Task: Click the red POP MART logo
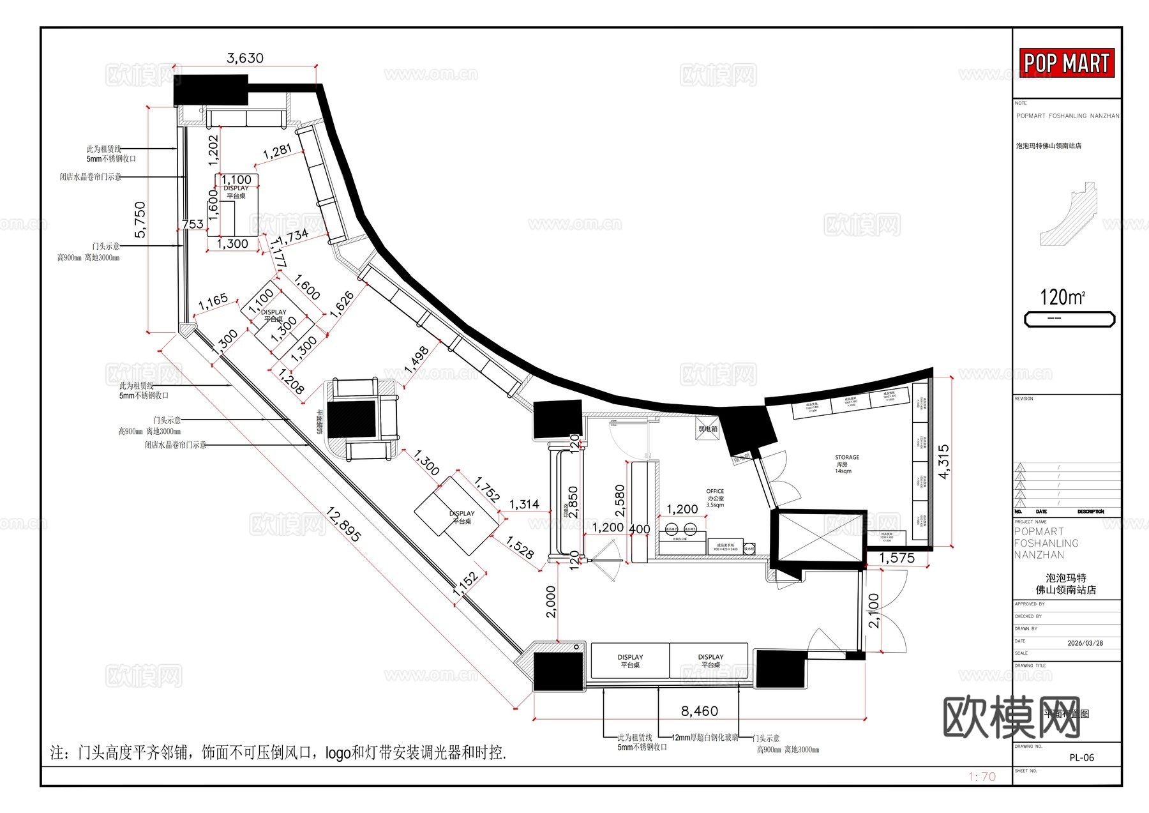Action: (1066, 63)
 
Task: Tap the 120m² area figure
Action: (1062, 297)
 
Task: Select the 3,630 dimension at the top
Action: (245, 58)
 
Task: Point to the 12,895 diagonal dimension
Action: (343, 524)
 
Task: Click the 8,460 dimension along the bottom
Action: (699, 711)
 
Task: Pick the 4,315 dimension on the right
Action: (943, 461)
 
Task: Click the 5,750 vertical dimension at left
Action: (140, 220)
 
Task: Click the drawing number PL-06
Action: (1081, 757)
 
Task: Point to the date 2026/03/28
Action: (1085, 643)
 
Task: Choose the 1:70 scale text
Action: (982, 777)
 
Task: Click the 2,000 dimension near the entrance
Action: (551, 602)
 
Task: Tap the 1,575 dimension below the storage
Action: (896, 558)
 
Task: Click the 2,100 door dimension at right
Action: (874, 611)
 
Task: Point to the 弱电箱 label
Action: (708, 429)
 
